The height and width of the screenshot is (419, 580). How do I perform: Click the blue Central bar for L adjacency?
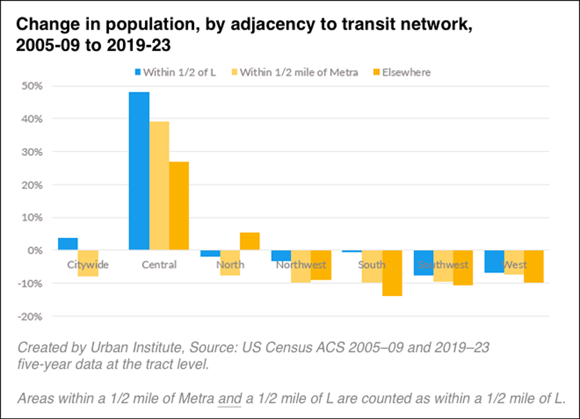(x=139, y=171)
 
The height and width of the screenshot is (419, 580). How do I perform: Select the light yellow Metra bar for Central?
(x=159, y=186)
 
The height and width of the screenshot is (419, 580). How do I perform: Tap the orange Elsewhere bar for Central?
(x=179, y=206)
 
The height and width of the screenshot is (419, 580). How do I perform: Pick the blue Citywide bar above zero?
(x=68, y=244)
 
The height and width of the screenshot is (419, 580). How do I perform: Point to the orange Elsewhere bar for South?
(x=392, y=273)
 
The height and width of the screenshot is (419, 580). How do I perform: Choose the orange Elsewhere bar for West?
(x=534, y=266)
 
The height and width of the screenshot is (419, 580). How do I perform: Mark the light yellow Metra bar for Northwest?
(x=301, y=266)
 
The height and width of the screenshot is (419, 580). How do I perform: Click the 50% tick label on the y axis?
(x=33, y=86)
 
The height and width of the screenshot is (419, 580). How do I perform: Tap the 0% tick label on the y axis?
(x=35, y=250)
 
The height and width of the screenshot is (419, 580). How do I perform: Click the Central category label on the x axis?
(x=159, y=265)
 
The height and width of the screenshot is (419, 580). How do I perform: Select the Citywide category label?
(x=88, y=265)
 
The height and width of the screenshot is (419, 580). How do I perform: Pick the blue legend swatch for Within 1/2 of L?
(x=137, y=72)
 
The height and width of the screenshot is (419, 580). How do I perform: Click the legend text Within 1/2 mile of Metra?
(x=299, y=72)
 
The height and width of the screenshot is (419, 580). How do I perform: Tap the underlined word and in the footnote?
(x=227, y=398)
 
